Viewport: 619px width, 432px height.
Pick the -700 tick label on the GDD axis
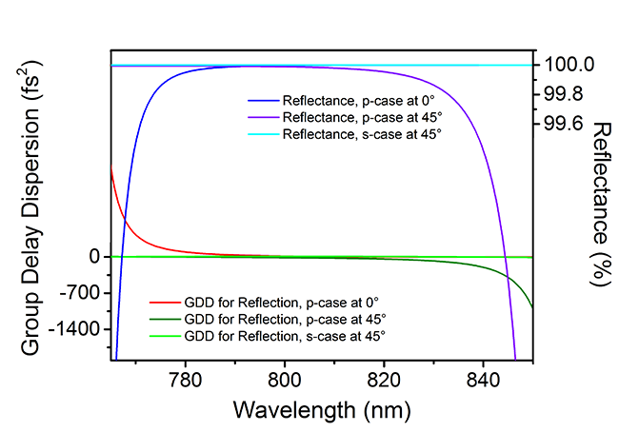80,293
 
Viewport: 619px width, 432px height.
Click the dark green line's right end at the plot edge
532,306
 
